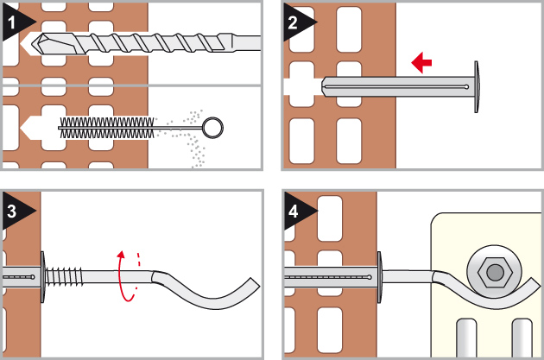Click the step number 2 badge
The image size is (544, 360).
(294, 23)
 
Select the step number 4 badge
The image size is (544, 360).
(294, 209)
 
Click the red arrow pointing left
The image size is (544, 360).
(422, 62)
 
